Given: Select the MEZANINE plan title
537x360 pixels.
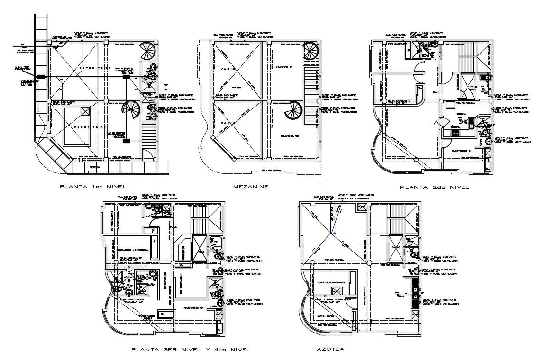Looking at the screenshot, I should [252, 187].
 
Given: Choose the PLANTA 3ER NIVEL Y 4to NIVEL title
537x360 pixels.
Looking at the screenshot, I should [190, 350].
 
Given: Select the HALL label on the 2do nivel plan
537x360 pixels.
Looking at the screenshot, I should [436, 93].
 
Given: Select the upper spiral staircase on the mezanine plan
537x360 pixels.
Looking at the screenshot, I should [310, 49].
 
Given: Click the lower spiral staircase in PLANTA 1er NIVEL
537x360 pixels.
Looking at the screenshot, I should [131, 114].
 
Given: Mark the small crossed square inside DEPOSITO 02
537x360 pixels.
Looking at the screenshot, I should [85, 111].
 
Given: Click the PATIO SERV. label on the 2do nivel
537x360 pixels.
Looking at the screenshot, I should [472, 87].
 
